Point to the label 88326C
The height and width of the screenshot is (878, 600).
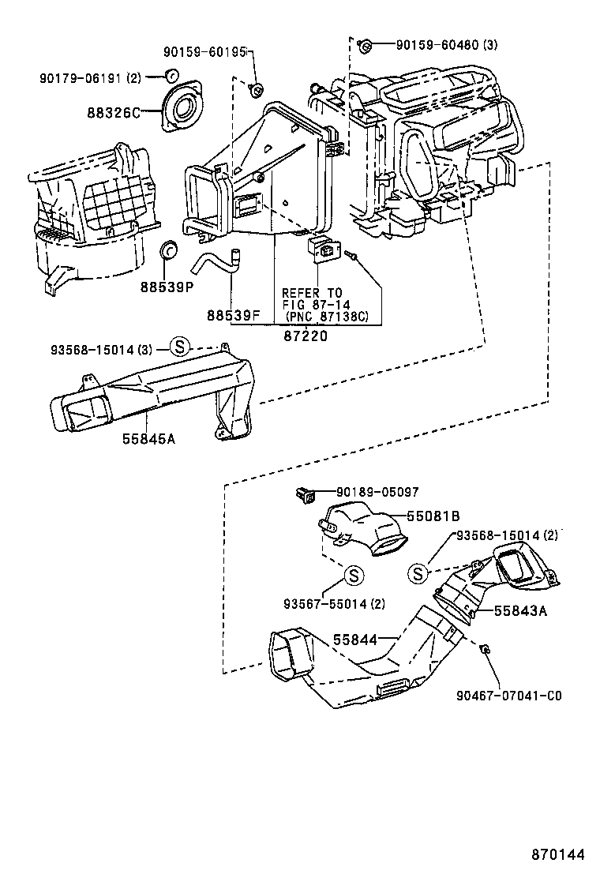point(113,112)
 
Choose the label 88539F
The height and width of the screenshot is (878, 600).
point(234,315)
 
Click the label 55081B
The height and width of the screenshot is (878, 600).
point(433,516)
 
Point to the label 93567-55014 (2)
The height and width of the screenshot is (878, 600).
point(334,605)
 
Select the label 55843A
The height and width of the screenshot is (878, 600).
point(521,610)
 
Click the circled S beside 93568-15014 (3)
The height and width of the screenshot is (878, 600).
point(179,345)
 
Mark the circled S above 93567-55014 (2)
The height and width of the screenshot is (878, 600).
point(354,575)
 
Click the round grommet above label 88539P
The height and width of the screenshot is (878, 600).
point(167,251)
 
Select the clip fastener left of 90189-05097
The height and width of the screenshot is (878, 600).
point(303,495)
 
